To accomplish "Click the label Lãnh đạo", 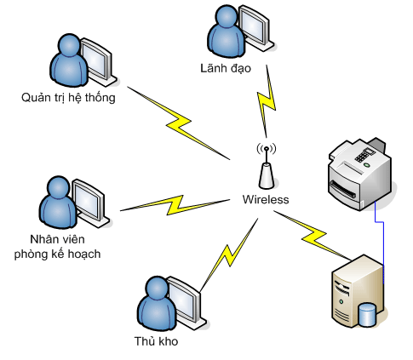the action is click(226, 69).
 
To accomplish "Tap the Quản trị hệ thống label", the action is click(68, 98).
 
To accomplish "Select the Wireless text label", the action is click(266, 199).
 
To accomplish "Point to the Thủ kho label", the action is click(157, 341).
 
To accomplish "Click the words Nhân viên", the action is click(58, 239).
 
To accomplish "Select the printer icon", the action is click(360, 174).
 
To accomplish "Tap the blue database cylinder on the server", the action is click(367, 314).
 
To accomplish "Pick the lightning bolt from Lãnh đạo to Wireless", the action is click(267, 101).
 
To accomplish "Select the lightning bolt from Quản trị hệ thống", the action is click(178, 123).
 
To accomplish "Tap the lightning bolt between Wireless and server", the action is click(313, 235).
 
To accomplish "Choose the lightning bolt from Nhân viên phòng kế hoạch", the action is click(175, 205).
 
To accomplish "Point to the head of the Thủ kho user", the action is click(157, 287).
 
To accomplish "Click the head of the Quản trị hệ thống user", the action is click(69, 45).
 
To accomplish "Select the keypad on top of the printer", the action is click(364, 155).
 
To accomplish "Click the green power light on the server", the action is click(341, 301).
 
